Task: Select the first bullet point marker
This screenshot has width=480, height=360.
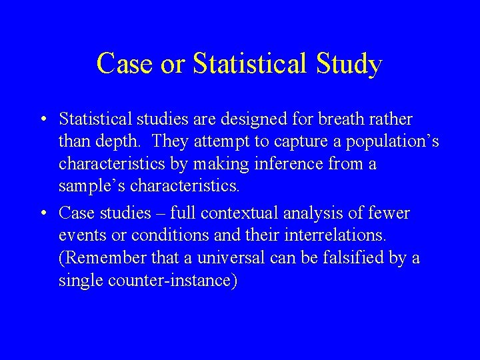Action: [42, 120]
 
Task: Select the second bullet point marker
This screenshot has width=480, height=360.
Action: [42, 213]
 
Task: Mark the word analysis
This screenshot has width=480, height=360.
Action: [317, 213]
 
